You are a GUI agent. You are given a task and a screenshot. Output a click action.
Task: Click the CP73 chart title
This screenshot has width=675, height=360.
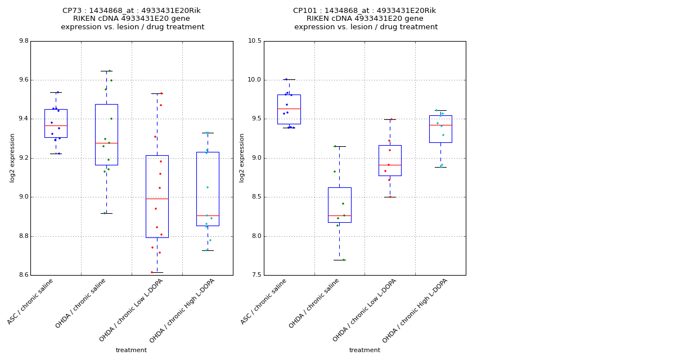[x=132, y=19]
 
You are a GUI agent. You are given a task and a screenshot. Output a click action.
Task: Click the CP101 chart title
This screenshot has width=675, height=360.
[x=364, y=19]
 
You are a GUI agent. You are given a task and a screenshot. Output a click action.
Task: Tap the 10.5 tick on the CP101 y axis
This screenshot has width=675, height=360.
[x=254, y=41]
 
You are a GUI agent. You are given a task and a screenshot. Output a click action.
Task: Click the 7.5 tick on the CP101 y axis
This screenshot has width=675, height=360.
[x=255, y=275]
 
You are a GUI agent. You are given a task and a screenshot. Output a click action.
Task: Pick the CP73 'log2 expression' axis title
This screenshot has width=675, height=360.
[x=12, y=157]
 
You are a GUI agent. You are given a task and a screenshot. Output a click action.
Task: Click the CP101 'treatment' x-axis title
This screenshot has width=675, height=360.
[x=364, y=350]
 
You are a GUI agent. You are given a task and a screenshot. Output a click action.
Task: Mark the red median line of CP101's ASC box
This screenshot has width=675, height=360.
[x=289, y=109]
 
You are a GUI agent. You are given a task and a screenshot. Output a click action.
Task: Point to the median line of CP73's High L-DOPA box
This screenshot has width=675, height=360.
[x=208, y=215]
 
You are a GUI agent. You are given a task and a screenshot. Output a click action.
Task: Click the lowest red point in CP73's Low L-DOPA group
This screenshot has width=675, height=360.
[x=152, y=272]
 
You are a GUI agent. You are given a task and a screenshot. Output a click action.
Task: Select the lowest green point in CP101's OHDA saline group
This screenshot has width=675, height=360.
[x=343, y=260]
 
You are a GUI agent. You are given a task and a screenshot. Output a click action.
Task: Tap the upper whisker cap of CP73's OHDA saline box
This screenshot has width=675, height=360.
[x=106, y=71]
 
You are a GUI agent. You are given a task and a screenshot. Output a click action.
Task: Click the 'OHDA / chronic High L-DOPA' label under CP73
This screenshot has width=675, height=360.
[x=182, y=310]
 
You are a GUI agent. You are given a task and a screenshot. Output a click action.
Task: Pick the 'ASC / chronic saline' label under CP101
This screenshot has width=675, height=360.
[x=264, y=301]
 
